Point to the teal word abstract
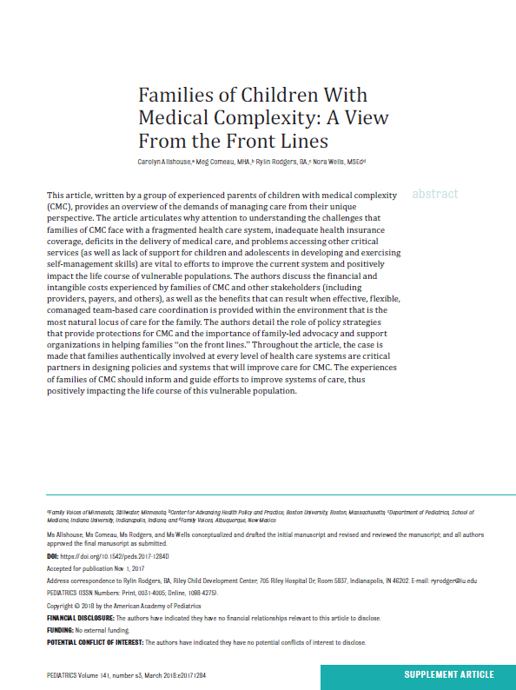pos(434,194)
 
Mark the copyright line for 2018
pos(122,606)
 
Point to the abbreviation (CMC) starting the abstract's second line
pos(63,207)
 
